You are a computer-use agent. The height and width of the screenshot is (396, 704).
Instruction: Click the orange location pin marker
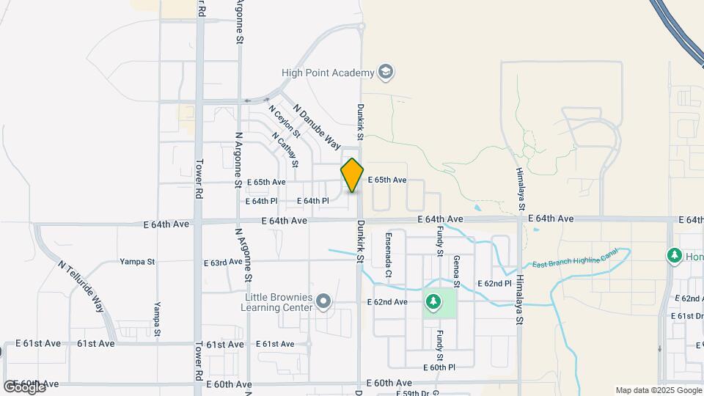[x=352, y=175]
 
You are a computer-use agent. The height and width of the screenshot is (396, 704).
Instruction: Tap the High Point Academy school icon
[x=386, y=72]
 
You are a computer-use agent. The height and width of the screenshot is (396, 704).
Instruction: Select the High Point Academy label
[x=328, y=72]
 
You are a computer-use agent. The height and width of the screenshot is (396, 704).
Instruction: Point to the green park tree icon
[x=433, y=301]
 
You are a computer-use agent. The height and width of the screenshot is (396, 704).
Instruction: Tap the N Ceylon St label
[x=284, y=122]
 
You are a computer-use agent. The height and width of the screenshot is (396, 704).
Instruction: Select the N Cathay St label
[x=284, y=149]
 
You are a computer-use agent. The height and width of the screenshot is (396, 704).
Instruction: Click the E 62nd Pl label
[x=494, y=283]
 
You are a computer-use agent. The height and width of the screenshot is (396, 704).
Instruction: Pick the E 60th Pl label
[x=439, y=367]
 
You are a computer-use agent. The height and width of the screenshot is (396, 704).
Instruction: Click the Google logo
[x=24, y=386]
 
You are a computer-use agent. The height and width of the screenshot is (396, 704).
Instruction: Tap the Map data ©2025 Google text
[x=659, y=390]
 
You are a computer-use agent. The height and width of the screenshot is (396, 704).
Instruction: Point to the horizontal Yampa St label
[x=137, y=261]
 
